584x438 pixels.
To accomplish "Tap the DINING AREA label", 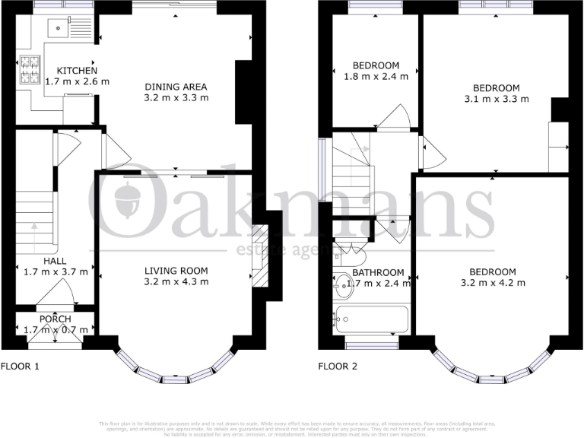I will tap(176, 87).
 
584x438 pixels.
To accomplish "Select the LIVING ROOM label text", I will tap(176, 271).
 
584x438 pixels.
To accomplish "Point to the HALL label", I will tap(55, 261).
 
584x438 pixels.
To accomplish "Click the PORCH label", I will tap(56, 319).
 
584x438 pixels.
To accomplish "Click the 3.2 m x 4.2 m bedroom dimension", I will tap(492, 283).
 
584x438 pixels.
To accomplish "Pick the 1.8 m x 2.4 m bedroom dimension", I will tap(376, 77).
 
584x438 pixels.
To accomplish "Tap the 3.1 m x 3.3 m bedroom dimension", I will tap(497, 99).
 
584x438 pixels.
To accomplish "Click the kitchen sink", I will tap(56, 29).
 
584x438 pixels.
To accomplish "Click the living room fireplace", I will tap(260, 255).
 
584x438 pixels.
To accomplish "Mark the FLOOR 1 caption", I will tap(20, 367).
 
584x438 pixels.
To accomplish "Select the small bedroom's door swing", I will tap(396, 118).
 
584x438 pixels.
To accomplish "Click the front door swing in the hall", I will tap(63, 291).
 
